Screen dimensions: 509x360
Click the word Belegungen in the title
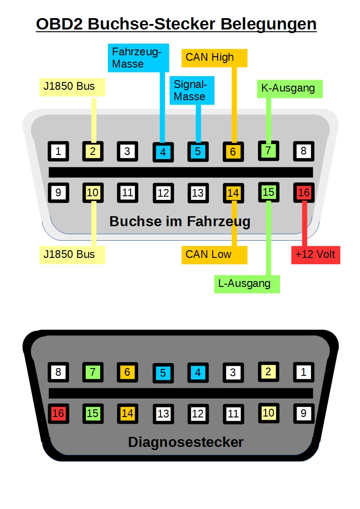tap(268, 24)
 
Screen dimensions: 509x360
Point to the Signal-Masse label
tap(191, 90)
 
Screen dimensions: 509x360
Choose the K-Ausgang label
tap(289, 88)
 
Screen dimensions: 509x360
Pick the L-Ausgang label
tap(246, 284)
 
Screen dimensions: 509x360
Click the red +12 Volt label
tap(315, 254)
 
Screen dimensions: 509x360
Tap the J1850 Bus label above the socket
tap(72, 86)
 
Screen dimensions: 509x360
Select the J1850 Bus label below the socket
tap(72, 254)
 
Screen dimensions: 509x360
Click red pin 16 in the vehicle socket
tap(303, 193)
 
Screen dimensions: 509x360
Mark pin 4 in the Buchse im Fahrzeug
tap(163, 152)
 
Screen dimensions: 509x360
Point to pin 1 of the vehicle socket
tap(58, 151)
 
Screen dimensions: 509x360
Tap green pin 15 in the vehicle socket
tap(268, 192)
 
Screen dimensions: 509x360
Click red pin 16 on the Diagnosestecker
tap(58, 413)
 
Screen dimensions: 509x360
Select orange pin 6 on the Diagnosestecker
tap(127, 372)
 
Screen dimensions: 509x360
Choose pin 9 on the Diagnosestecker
tap(303, 413)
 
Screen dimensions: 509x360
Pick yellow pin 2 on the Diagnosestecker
tap(268, 372)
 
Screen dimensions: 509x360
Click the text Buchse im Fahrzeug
tap(180, 221)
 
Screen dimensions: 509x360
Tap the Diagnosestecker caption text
tap(186, 442)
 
